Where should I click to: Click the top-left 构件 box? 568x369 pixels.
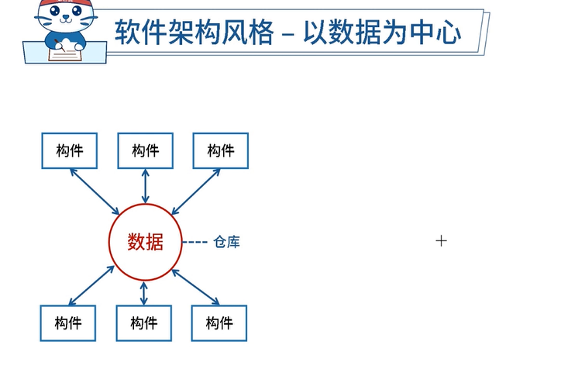coord(69,150)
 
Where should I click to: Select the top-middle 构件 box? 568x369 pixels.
coord(145,150)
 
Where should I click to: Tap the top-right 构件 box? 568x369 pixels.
coord(221,150)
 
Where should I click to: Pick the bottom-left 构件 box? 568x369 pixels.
coord(68,322)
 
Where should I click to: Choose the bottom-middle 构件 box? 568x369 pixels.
coord(144,322)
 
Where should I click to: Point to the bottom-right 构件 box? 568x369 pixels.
coord(219,322)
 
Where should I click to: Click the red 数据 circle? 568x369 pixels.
coord(145,241)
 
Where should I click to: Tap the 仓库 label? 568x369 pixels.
coord(226,242)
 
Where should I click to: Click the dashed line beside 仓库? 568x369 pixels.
coord(195,242)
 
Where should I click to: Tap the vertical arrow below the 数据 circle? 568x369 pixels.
coord(144,292)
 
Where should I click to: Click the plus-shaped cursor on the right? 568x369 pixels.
coord(442,240)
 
